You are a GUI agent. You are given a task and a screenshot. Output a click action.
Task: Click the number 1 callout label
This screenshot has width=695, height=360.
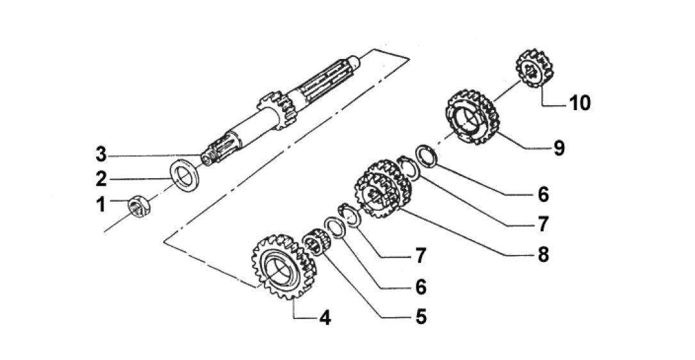click(x=100, y=205)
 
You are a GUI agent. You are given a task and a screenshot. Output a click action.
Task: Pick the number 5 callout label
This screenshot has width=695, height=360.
click(x=421, y=316)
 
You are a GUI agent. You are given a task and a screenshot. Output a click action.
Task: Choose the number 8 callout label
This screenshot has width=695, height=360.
click(x=543, y=254)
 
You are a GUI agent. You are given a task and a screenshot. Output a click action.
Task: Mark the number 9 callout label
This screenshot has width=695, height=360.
click(x=559, y=149)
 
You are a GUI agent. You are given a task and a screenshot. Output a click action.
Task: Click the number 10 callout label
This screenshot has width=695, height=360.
click(x=580, y=102)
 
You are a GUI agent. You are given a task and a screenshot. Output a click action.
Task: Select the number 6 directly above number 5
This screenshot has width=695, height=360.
click(x=421, y=286)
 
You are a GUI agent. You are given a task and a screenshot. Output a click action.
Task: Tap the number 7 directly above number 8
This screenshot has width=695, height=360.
click(x=543, y=224)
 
